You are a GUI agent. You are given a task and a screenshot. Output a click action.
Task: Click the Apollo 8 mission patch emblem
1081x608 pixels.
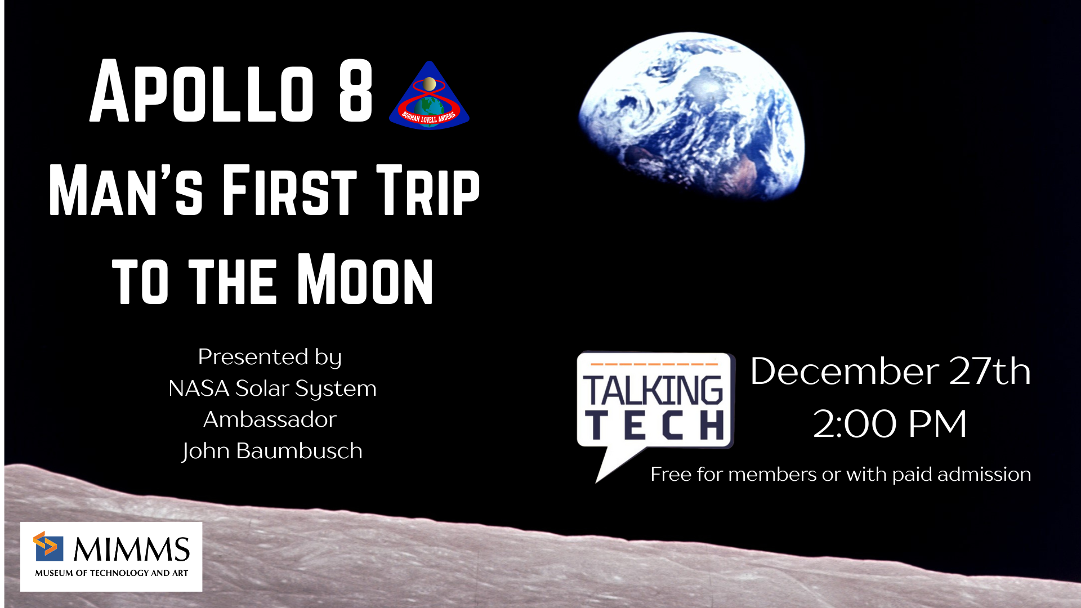[x=429, y=96]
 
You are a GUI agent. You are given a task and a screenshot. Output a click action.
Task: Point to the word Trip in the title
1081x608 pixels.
[x=428, y=190]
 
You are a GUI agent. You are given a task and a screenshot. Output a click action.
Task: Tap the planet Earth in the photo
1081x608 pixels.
[x=691, y=115]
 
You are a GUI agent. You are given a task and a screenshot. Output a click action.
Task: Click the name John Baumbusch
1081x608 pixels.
[x=272, y=451]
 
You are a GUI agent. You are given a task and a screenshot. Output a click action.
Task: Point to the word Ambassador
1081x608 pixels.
[x=270, y=419]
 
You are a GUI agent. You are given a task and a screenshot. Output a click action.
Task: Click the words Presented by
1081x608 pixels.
[x=270, y=357]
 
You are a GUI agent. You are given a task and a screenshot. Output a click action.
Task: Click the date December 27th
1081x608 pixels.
[x=891, y=372]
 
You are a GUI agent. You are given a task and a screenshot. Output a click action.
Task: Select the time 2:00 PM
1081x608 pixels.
[x=890, y=423]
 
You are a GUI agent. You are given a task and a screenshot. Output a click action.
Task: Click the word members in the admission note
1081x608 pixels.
[x=772, y=474]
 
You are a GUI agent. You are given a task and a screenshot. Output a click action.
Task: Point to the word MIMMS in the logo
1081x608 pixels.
[x=132, y=549]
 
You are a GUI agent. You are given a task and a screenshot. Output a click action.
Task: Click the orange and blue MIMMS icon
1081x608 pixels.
[x=48, y=546]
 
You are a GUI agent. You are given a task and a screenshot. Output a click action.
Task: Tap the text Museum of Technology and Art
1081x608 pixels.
[x=111, y=573]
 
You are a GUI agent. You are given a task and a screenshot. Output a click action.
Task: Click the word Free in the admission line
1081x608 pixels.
[x=671, y=474]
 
